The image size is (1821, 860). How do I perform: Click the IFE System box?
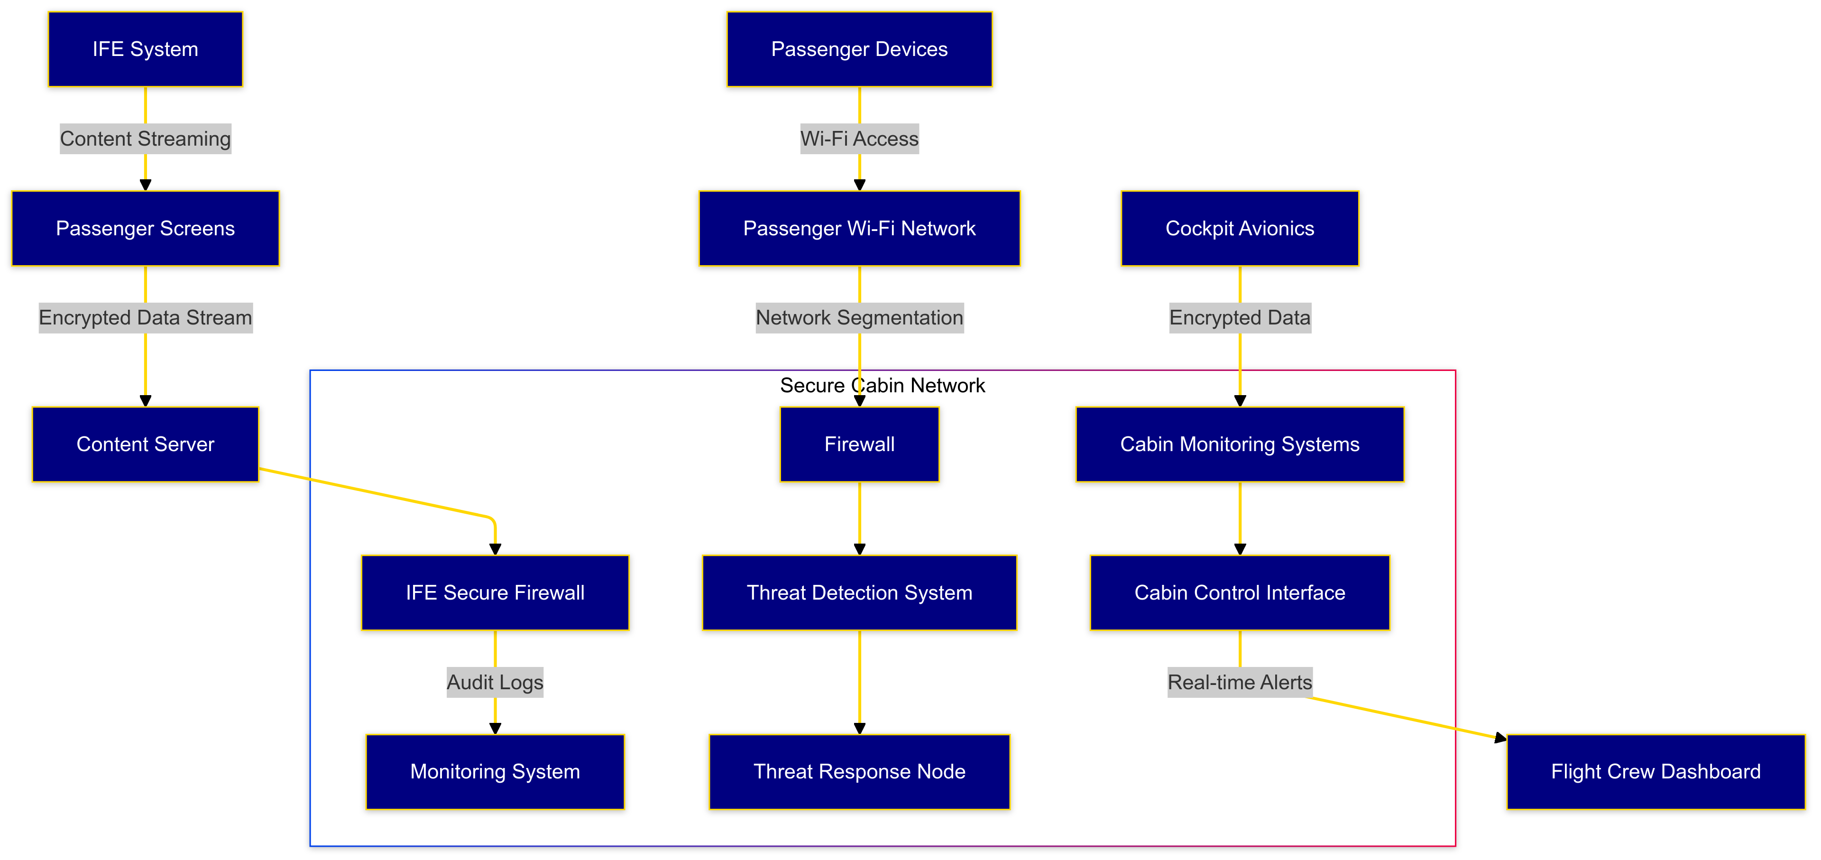click(x=145, y=49)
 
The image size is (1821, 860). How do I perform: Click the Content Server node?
click(x=145, y=444)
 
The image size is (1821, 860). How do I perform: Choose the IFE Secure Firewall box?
click(x=495, y=592)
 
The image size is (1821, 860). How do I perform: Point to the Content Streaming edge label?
click(x=145, y=139)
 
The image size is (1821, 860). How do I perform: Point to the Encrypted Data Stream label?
click(x=145, y=317)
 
